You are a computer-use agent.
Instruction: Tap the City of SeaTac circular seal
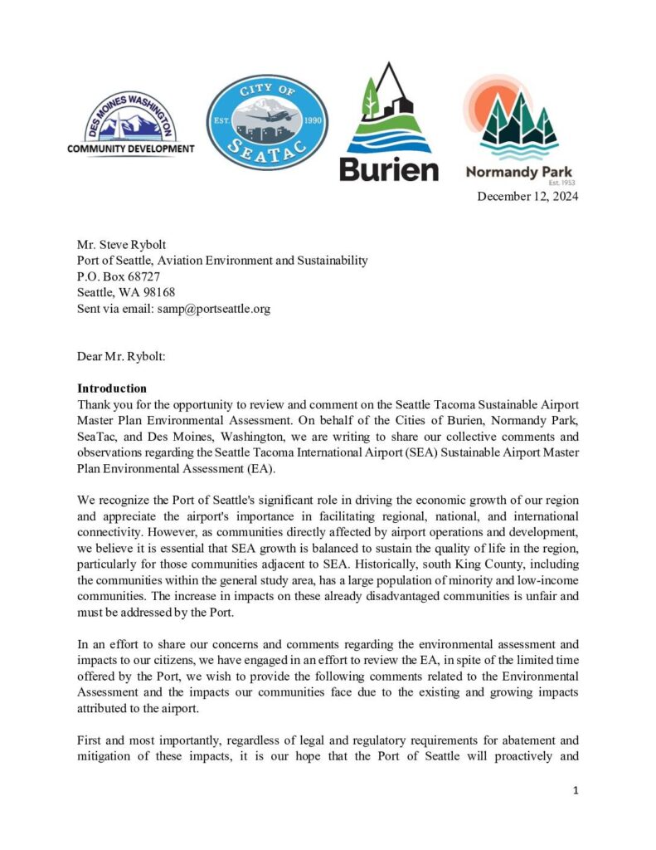tap(267, 121)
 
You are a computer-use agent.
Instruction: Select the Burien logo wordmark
tap(388, 169)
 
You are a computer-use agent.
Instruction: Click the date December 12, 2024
tap(527, 197)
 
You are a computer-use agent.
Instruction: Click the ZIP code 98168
tap(158, 292)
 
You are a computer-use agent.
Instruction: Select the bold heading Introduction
tap(112, 388)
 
